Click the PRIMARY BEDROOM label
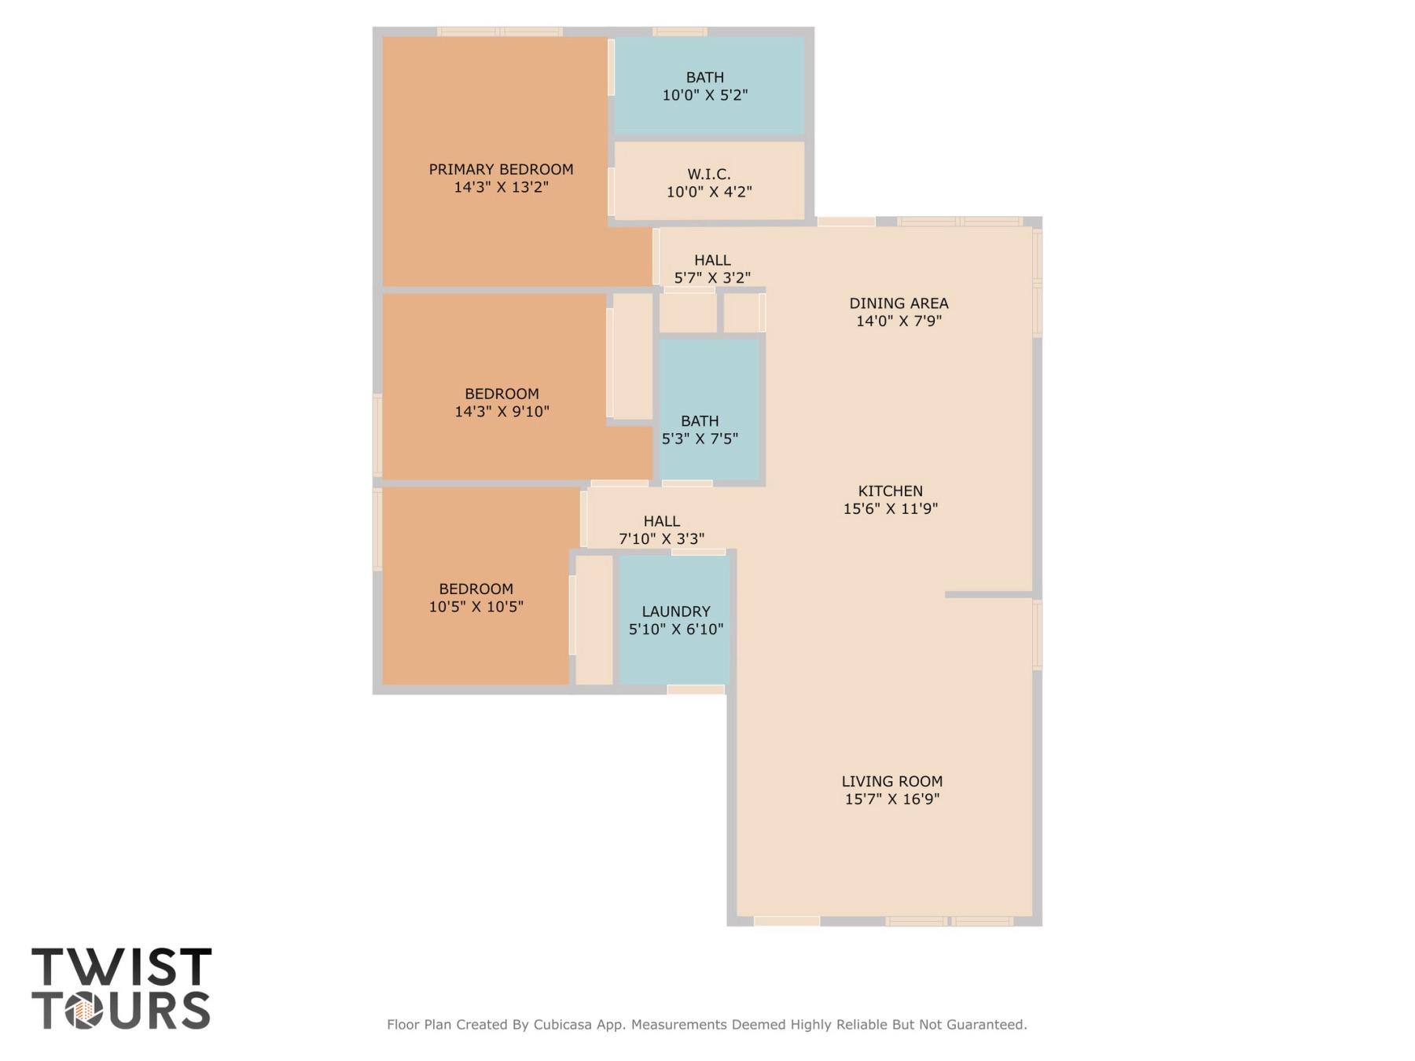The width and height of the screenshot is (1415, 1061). (501, 169)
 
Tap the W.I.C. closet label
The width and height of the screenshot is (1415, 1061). (709, 174)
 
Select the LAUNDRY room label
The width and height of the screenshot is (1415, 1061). (676, 611)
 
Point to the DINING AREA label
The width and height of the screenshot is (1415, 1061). (899, 303)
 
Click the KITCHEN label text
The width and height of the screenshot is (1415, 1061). (891, 491)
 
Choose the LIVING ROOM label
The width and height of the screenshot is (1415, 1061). (892, 781)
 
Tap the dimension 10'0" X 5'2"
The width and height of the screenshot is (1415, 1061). (705, 95)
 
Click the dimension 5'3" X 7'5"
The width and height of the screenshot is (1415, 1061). (700, 439)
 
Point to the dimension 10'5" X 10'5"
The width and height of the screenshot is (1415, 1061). (476, 607)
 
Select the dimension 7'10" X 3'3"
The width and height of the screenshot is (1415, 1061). (662, 539)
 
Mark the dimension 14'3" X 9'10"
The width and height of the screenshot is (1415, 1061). (502, 411)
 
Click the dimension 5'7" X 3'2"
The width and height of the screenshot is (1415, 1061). (712, 277)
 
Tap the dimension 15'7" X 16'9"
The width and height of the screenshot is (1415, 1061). (892, 799)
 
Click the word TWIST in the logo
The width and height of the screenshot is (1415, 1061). (122, 966)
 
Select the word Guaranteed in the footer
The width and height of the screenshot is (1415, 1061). (987, 1025)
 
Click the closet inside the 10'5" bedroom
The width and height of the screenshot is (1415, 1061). (594, 620)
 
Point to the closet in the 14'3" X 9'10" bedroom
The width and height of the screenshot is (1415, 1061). (633, 356)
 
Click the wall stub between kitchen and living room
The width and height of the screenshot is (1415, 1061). (989, 595)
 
